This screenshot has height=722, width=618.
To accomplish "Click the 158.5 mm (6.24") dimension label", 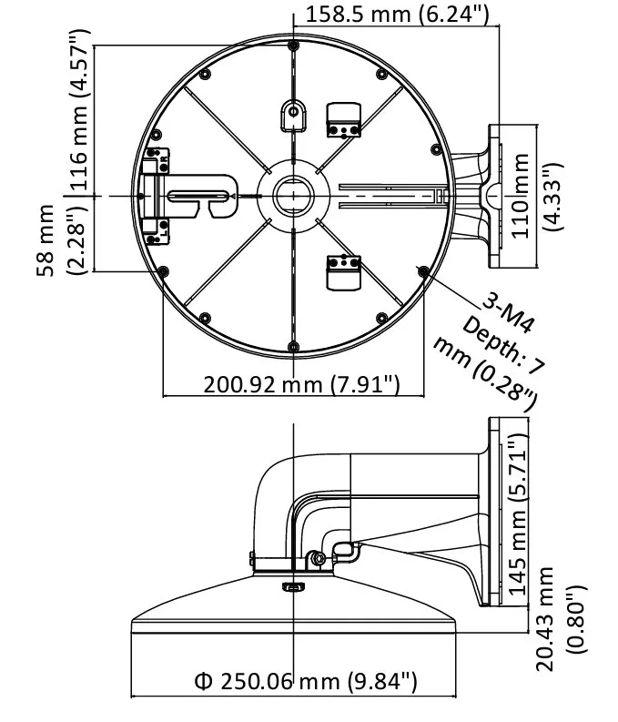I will click(398, 14).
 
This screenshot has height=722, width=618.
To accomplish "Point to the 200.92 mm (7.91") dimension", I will click(301, 384).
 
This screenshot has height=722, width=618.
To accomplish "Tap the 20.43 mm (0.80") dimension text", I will click(556, 619).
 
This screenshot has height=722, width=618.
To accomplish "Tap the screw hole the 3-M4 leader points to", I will click(421, 269).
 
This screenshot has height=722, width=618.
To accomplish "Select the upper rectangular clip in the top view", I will click(344, 120).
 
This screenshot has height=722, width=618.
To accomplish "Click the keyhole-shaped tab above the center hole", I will click(293, 115).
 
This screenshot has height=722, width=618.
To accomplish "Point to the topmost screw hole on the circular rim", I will click(292, 45).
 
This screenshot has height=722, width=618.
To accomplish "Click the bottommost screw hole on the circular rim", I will click(293, 345).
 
